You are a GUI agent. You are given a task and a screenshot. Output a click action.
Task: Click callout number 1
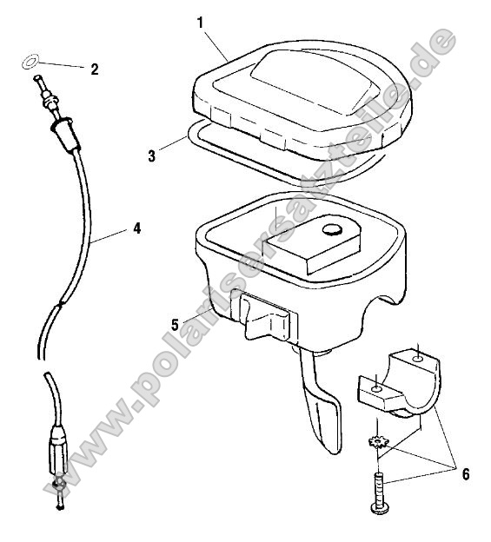[201, 22]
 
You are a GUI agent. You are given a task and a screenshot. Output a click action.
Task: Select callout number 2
[95, 69]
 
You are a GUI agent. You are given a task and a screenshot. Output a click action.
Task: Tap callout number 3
[151, 156]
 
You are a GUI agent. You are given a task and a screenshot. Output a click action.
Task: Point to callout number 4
[136, 229]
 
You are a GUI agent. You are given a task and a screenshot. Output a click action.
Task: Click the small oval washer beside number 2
[29, 63]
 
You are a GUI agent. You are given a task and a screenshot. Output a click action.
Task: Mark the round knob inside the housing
[330, 229]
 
